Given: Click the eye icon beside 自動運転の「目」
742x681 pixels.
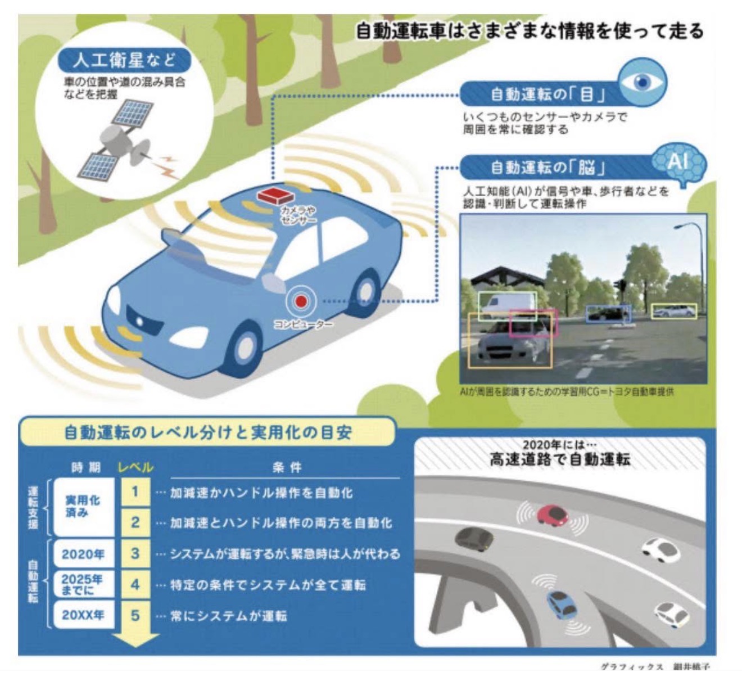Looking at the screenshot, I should [642, 83].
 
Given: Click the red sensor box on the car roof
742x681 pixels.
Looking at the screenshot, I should [275, 195].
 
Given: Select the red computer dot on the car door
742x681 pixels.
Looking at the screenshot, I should [301, 301].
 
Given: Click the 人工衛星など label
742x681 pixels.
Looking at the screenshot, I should [124, 60].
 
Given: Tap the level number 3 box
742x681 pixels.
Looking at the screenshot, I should [135, 553].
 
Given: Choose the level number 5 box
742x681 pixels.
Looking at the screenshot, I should [135, 615].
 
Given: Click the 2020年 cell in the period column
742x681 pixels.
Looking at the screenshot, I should [83, 554].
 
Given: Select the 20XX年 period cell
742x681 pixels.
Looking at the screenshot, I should [83, 615].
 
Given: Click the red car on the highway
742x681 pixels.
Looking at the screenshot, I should [551, 514].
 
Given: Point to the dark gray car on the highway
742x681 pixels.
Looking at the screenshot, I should [474, 539].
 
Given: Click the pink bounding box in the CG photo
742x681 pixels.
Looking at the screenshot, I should [533, 323].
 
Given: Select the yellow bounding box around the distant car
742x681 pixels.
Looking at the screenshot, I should [674, 311].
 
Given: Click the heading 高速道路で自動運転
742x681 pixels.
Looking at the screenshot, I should [560, 460].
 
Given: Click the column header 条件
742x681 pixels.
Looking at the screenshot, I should [287, 467].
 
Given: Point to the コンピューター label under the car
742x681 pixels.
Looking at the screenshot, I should [303, 324].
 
